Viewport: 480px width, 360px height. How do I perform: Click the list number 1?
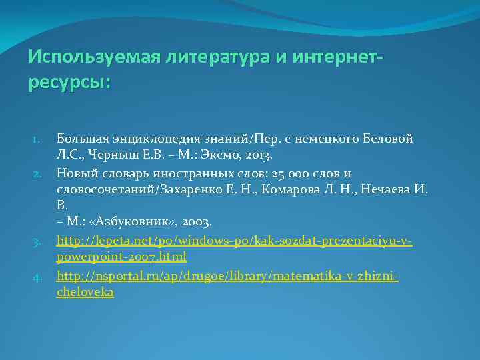tap(38, 139)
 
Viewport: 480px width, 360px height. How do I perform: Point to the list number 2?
tap(38, 173)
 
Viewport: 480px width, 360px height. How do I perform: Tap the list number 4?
tap(38, 275)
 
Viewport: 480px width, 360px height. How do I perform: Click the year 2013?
tap(259, 156)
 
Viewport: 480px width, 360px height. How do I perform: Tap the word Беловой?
tap(389, 139)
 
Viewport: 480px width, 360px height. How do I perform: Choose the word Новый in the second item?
tap(75, 173)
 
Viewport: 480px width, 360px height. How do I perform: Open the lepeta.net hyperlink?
tap(234, 240)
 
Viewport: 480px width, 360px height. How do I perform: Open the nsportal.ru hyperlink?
tap(227, 275)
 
